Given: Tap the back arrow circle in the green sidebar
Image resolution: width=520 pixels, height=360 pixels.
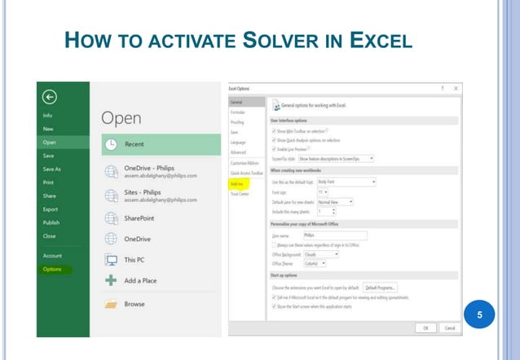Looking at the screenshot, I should (x=50, y=97).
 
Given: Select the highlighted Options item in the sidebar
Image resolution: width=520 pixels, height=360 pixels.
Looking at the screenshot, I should (x=52, y=269).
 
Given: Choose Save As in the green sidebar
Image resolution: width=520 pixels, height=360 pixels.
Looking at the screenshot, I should (x=52, y=169).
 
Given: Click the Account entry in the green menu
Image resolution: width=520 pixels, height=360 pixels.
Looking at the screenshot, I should (x=52, y=256).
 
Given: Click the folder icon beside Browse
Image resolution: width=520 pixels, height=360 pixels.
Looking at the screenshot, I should (x=112, y=304).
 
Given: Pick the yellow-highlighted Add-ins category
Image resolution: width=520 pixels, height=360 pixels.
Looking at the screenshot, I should (x=236, y=183).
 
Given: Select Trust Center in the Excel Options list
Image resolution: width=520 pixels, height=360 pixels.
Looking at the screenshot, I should (x=239, y=193).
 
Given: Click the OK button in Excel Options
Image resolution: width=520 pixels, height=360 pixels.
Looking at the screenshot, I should (x=425, y=327).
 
